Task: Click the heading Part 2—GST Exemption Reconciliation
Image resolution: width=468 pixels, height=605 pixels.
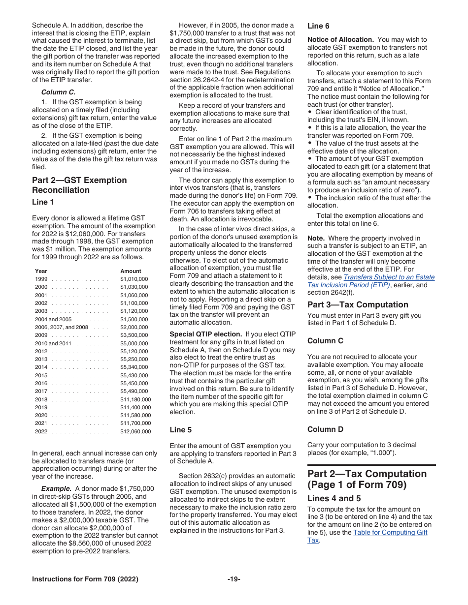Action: [79, 185]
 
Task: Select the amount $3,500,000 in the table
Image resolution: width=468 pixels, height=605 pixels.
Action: [134, 335]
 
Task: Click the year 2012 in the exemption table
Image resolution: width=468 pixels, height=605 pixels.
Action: [41, 351]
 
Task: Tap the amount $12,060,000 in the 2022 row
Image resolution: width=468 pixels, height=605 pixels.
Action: [135, 431]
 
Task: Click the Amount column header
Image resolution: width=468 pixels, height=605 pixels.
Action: [131, 271]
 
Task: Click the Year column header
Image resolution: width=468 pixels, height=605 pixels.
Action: [41, 271]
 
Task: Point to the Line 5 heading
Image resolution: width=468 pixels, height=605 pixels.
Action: [180, 429]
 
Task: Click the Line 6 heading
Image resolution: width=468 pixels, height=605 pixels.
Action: [318, 26]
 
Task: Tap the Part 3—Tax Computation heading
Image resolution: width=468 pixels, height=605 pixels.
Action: [358, 304]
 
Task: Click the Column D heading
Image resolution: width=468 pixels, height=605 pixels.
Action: [325, 429]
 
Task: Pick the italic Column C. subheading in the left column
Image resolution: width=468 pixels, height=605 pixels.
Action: [58, 92]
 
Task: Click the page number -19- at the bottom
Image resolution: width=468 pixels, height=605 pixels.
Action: [234, 579]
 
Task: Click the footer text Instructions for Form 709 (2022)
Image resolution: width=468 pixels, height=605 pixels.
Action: [85, 579]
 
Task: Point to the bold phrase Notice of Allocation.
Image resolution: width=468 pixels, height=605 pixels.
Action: [340, 39]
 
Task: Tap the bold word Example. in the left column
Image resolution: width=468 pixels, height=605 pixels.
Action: [56, 488]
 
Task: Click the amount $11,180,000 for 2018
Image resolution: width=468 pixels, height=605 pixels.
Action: [135, 399]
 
